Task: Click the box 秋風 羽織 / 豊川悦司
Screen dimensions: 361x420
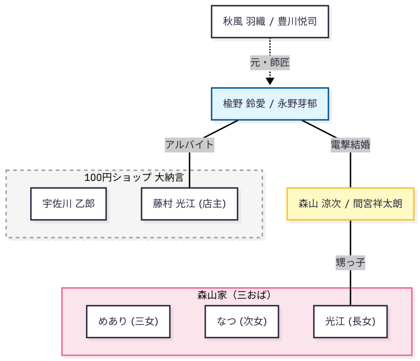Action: tap(270, 21)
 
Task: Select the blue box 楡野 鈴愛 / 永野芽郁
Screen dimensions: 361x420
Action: tap(270, 104)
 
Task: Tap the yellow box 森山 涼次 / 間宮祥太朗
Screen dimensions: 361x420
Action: tap(350, 204)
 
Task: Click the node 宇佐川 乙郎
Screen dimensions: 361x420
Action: tap(68, 204)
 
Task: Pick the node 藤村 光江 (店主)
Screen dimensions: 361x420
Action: tap(189, 204)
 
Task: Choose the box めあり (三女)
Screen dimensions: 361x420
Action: tap(128, 322)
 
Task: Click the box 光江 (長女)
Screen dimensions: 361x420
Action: tap(350, 322)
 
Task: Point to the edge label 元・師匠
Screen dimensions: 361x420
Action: tap(270, 63)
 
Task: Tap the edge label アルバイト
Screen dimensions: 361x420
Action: tap(189, 144)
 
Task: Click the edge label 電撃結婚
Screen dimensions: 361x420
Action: tap(350, 144)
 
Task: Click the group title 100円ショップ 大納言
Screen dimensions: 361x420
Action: tap(134, 177)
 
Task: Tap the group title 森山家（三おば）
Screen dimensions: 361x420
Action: tap(237, 295)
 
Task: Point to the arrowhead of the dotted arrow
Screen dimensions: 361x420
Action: tap(270, 81)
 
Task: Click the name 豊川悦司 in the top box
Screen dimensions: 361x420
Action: tap(297, 21)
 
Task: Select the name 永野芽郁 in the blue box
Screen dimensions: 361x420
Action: tap(297, 104)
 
